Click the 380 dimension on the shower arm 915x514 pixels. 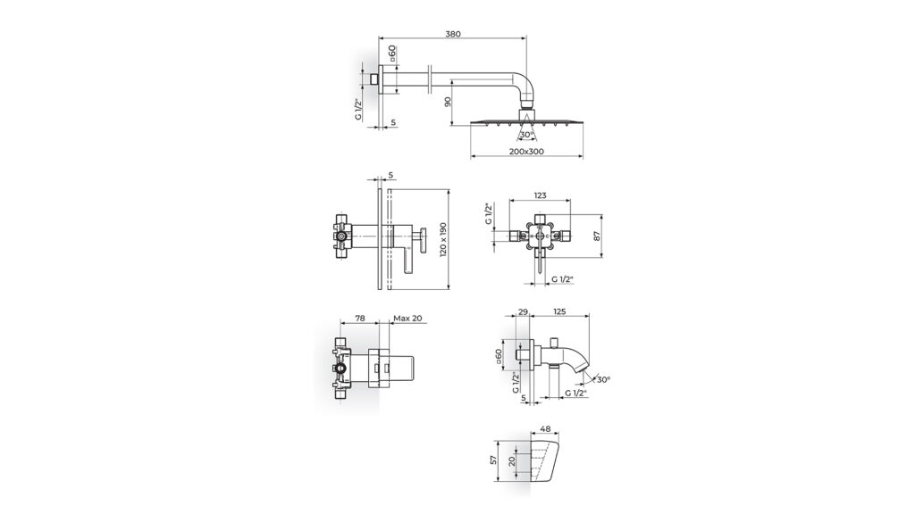pyautogui.click(x=453, y=34)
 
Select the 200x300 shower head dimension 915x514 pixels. pyautogui.click(x=525, y=152)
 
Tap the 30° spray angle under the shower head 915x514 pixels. pyautogui.click(x=526, y=135)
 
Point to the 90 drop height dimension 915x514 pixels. pyautogui.click(x=448, y=102)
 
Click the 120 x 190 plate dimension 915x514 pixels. pyautogui.click(x=443, y=239)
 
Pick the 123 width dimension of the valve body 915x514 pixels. pyautogui.click(x=541, y=195)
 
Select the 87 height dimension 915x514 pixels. pyautogui.click(x=597, y=236)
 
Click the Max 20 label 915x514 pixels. pyautogui.click(x=407, y=319)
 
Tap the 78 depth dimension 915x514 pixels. pyautogui.click(x=360, y=319)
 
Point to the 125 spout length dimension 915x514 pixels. pyautogui.click(x=559, y=312)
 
